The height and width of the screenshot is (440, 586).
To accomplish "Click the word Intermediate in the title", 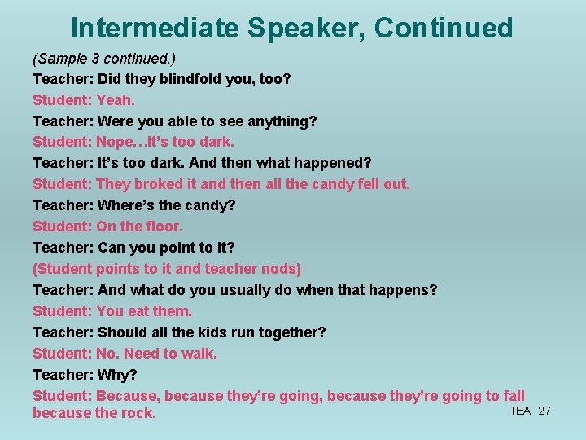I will (x=154, y=28).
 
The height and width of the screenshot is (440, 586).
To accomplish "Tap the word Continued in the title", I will (x=444, y=28).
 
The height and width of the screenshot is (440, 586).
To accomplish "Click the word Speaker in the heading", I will (x=305, y=28).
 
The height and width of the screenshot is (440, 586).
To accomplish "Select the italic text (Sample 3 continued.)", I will (x=104, y=59).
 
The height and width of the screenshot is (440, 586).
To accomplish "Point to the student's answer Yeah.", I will (x=116, y=100).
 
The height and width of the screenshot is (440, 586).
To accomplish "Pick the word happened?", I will (x=335, y=163).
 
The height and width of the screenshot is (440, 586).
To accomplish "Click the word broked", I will (x=160, y=184).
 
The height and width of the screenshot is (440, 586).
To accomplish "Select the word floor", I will (x=164, y=227).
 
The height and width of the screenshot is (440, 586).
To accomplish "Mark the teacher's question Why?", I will (x=117, y=375).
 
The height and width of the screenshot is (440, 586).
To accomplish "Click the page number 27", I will (x=544, y=411).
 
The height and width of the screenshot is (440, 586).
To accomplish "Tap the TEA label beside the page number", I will (x=520, y=411).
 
